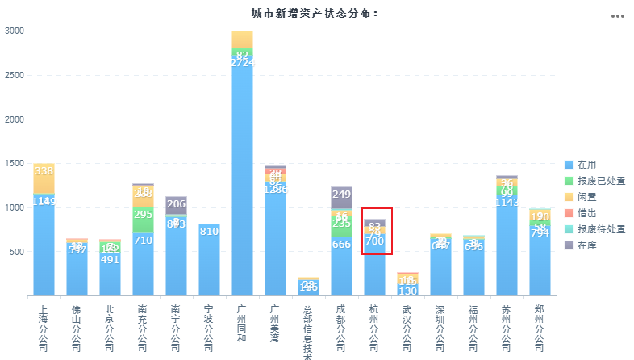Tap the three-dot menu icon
(618, 16)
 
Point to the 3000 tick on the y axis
(15, 31)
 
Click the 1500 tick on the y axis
(15, 163)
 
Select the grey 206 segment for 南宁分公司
(176, 205)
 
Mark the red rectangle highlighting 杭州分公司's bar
(377, 231)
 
